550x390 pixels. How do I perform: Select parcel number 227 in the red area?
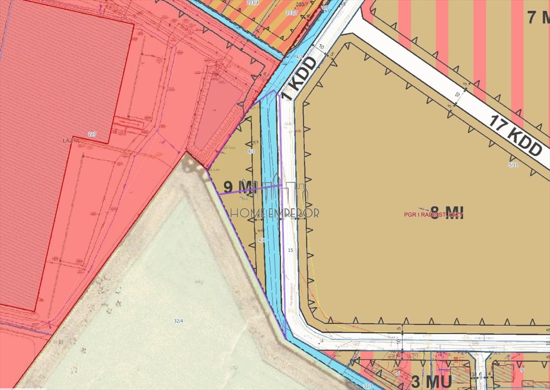(x=92, y=134)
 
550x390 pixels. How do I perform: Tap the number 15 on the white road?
(x=290, y=250)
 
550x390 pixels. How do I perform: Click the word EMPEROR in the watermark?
(x=296, y=213)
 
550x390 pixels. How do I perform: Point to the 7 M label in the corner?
(x=538, y=18)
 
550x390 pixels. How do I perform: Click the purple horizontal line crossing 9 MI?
(x=249, y=189)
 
